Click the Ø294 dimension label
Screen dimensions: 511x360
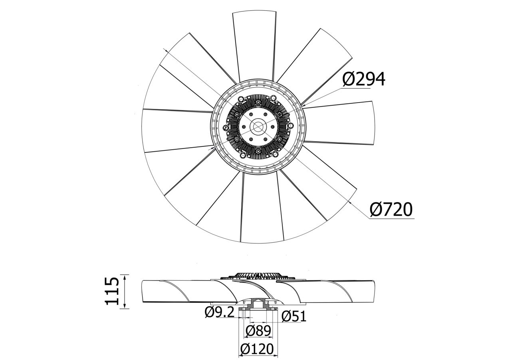(x=364, y=79)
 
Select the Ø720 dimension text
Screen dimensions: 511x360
(x=391, y=210)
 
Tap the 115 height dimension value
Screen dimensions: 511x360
(x=112, y=291)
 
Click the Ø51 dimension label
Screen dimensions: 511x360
(x=294, y=316)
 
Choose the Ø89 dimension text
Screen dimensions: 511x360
(x=258, y=331)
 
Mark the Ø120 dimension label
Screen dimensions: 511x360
(x=257, y=349)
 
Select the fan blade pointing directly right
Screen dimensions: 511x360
(x=339, y=123)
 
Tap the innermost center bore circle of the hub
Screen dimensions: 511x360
(x=258, y=127)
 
